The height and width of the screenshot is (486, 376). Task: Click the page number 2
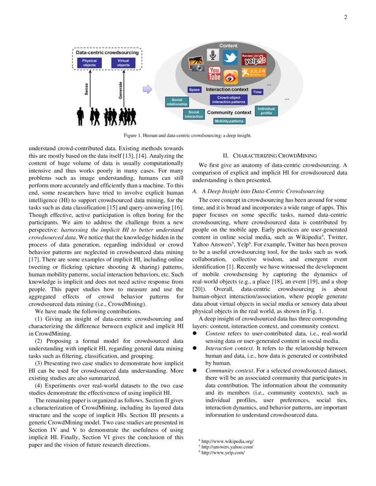(345, 18)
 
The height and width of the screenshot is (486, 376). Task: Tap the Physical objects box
(89, 63)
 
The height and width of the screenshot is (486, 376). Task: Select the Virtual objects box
(123, 63)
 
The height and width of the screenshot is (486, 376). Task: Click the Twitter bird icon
(230, 57)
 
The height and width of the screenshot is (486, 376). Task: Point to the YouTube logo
(215, 74)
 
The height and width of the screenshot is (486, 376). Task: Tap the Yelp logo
(254, 59)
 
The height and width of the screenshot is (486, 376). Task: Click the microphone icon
(213, 55)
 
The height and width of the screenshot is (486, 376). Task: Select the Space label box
(195, 90)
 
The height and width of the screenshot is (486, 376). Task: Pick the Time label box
(257, 92)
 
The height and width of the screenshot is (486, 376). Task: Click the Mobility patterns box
(229, 121)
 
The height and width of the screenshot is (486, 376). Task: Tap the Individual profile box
(266, 110)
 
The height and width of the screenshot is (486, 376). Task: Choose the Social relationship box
(176, 102)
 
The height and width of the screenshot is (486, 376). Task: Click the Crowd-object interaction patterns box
(229, 99)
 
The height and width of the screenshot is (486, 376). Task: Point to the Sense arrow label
(86, 88)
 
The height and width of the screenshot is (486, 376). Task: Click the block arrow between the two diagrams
(147, 90)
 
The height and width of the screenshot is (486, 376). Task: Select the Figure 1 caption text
(188, 136)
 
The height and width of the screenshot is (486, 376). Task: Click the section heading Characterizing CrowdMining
(269, 155)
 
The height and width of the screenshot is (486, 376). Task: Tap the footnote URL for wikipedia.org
(227, 441)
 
